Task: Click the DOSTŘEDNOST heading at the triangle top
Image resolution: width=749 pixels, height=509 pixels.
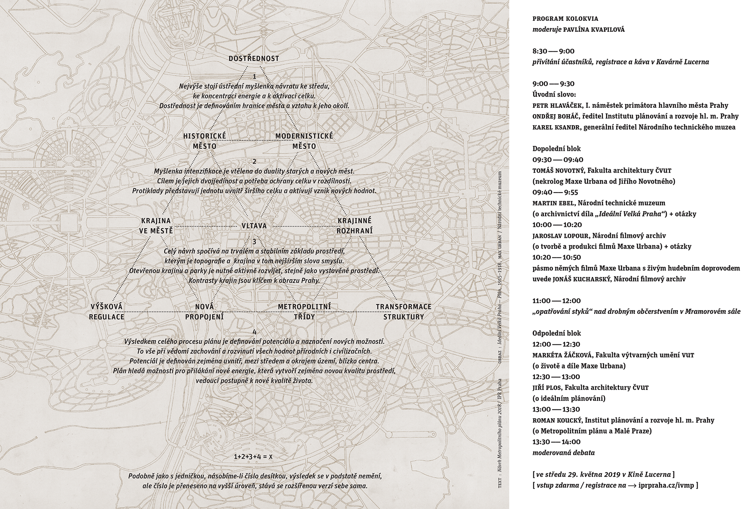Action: click(254, 59)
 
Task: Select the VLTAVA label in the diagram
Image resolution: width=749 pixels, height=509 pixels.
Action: click(254, 226)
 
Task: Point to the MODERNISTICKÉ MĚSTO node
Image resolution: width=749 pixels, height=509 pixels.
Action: click(304, 141)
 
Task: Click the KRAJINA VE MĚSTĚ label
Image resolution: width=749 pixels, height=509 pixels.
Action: click(156, 226)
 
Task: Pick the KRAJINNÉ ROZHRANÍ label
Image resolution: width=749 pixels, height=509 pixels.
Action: click(354, 226)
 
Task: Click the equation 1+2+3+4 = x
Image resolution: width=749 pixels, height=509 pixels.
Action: click(253, 457)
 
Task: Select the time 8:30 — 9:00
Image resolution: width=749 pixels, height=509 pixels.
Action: click(553, 51)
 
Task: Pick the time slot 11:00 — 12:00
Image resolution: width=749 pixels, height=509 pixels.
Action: click(557, 301)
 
